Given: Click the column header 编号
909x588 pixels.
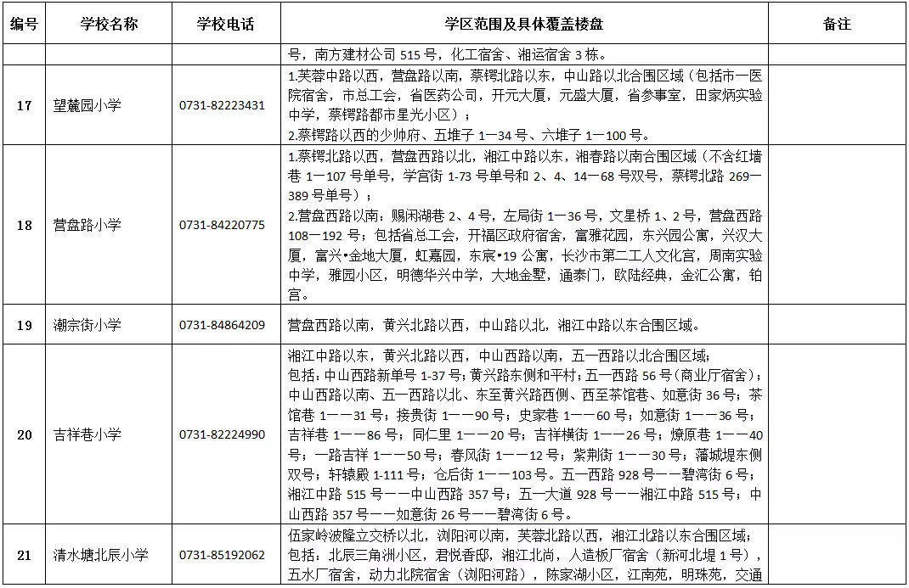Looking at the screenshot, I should tap(24, 24).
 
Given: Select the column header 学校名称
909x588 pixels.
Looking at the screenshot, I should tap(109, 24).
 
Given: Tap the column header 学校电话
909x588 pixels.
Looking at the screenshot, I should tap(225, 24).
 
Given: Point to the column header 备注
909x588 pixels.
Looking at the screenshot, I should tap(837, 24).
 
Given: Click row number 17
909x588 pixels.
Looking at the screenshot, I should tap(25, 105).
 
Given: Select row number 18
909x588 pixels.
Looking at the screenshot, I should tap(25, 225).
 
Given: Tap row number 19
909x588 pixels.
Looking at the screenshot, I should tap(25, 324).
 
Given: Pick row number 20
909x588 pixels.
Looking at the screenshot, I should tap(25, 434).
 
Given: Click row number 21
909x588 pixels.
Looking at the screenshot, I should tap(25, 555).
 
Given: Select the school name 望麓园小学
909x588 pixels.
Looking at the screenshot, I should tap(87, 105).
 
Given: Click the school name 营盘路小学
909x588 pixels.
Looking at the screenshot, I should tap(87, 225).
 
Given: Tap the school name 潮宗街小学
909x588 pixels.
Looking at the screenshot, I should tap(87, 324).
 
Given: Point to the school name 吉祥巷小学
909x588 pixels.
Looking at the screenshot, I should tap(87, 434).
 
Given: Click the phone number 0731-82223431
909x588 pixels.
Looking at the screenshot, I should tap(222, 105).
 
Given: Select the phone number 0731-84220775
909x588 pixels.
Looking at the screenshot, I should tap(222, 225).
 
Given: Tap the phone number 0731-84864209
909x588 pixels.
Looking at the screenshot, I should tap(222, 324).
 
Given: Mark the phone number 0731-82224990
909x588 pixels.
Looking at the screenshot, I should tap(222, 434).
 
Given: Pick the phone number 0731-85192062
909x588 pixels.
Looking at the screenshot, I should tap(222, 555).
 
